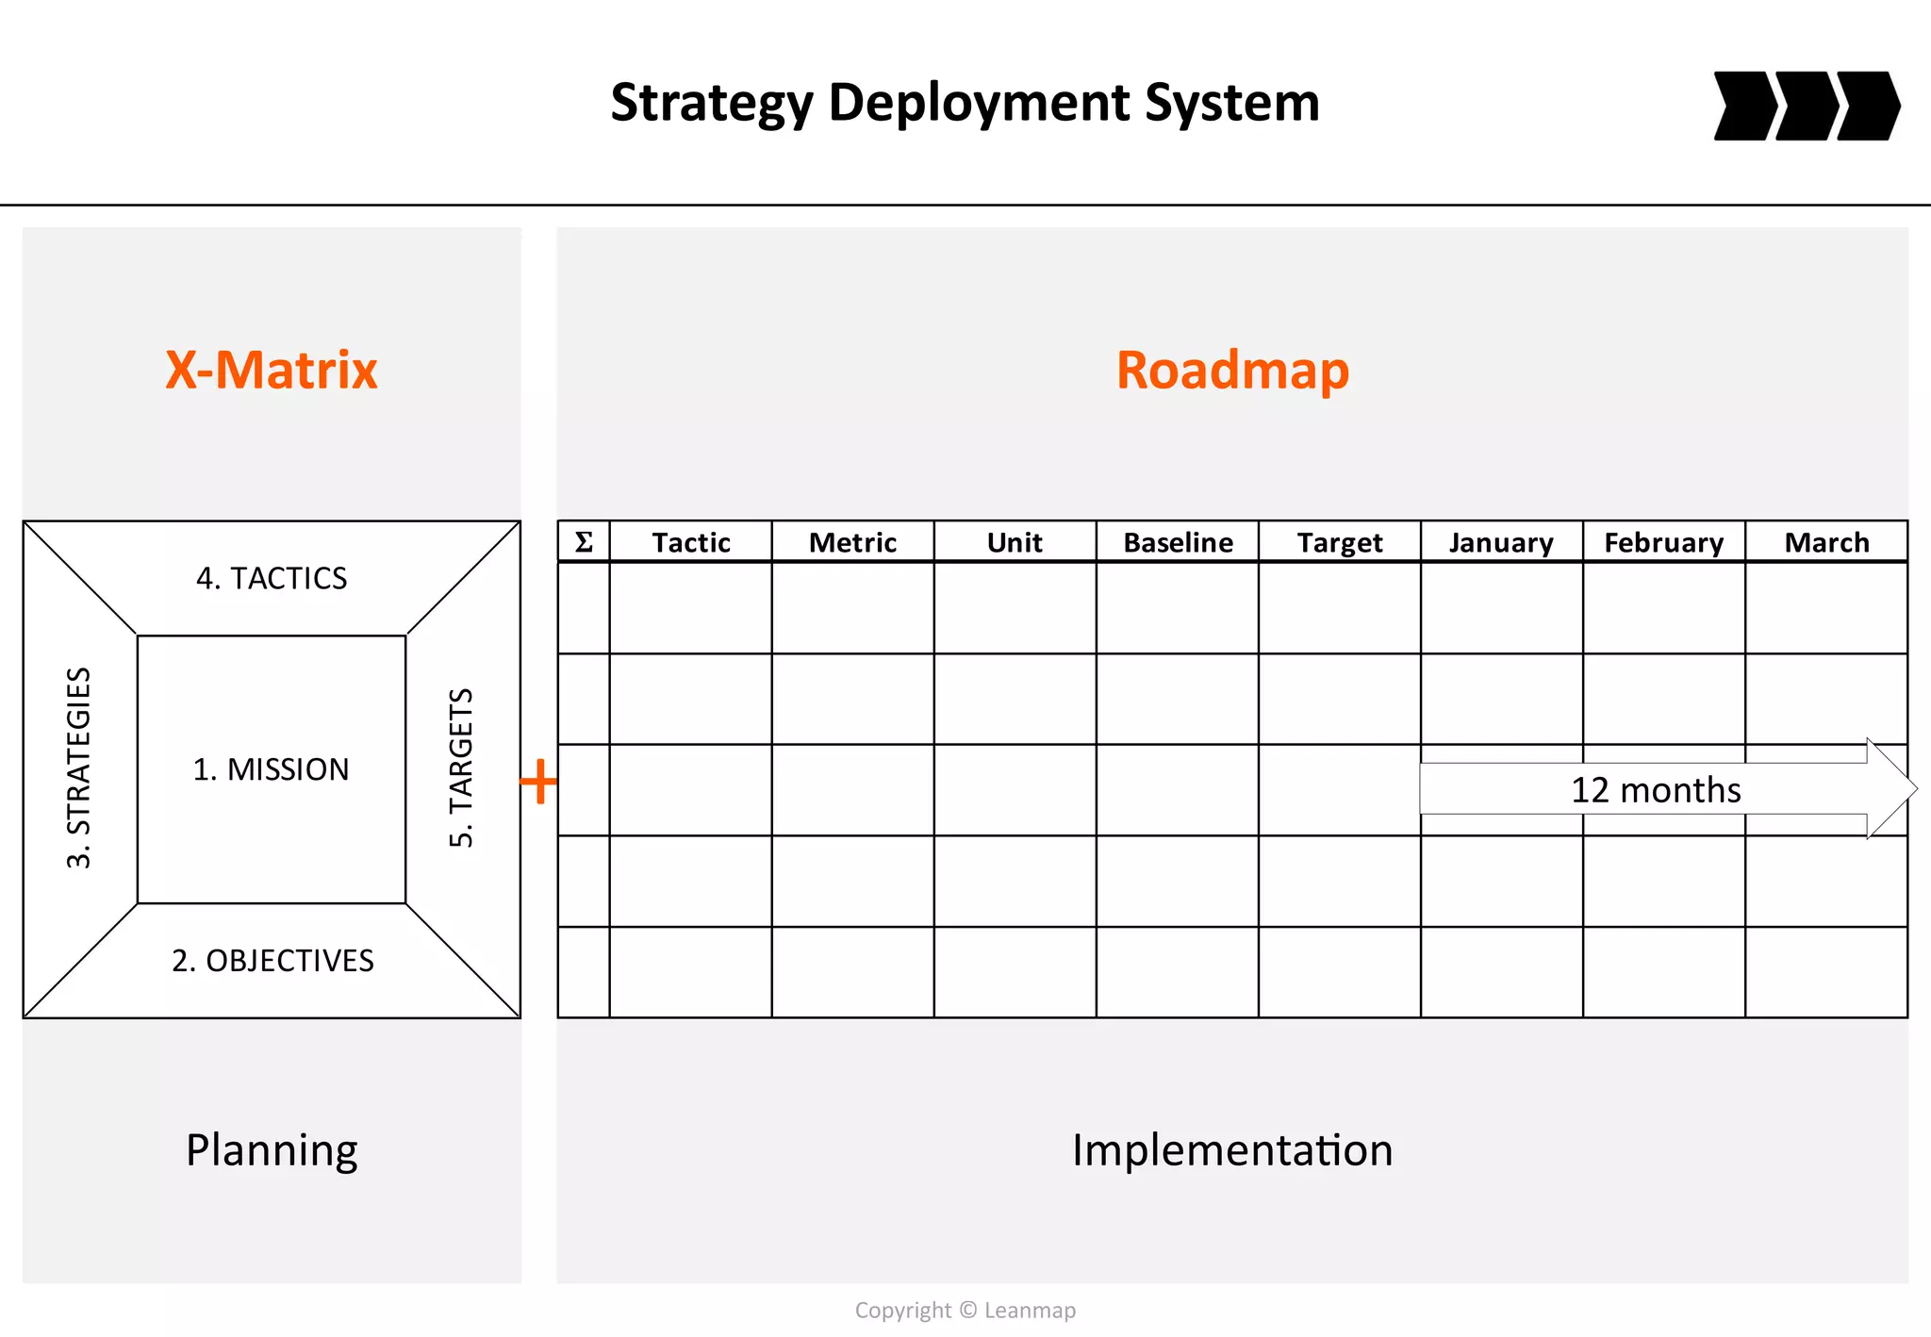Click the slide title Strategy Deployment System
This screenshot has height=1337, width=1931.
click(x=965, y=103)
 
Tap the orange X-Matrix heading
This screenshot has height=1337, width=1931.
click(x=272, y=370)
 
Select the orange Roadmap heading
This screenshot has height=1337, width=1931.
click(x=1232, y=370)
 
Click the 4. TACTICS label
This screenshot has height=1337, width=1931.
click(x=272, y=578)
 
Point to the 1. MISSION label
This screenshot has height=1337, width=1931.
click(x=272, y=769)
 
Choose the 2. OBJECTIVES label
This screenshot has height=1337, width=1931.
click(x=272, y=961)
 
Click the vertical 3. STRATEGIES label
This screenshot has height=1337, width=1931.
click(x=79, y=768)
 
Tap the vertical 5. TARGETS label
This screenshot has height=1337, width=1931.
click(x=461, y=768)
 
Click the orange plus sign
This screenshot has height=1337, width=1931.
click(x=538, y=782)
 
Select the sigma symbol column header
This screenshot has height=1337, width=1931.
click(x=584, y=542)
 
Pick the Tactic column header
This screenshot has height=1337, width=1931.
click(x=691, y=543)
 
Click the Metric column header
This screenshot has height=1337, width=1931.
click(x=852, y=543)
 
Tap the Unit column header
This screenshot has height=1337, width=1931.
click(x=1015, y=543)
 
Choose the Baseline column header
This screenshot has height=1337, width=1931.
click(x=1178, y=543)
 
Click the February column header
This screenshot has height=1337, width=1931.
click(x=1663, y=543)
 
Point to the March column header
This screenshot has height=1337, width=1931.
click(x=1826, y=543)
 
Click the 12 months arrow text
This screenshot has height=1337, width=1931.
click(x=1656, y=790)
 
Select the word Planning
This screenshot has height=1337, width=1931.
click(x=272, y=1150)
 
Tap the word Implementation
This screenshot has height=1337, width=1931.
click(x=1232, y=1150)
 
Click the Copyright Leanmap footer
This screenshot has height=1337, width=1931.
click(x=965, y=1310)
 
